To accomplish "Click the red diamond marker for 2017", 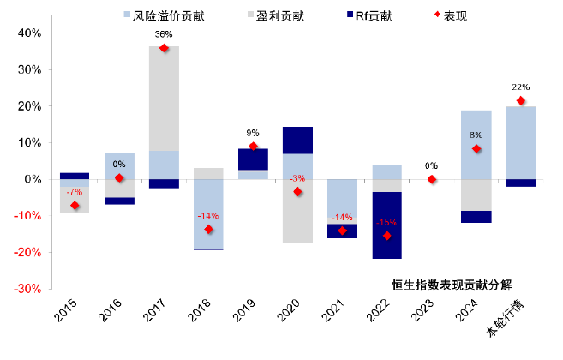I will coord(165,48).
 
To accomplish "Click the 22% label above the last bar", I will coord(521,87).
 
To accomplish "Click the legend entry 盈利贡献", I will coord(269,14).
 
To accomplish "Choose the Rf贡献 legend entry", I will coord(359,14).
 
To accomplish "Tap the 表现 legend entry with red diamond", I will coord(441,14).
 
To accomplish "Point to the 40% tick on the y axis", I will coord(27,33).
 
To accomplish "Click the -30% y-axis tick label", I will coord(26,289).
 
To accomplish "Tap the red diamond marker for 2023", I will coord(432,179).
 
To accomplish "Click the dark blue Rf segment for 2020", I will coord(298,141).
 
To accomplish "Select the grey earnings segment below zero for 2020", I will coord(298,211).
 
